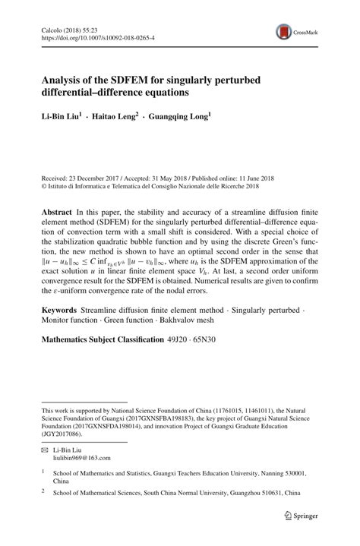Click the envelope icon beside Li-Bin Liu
click(45, 449)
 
